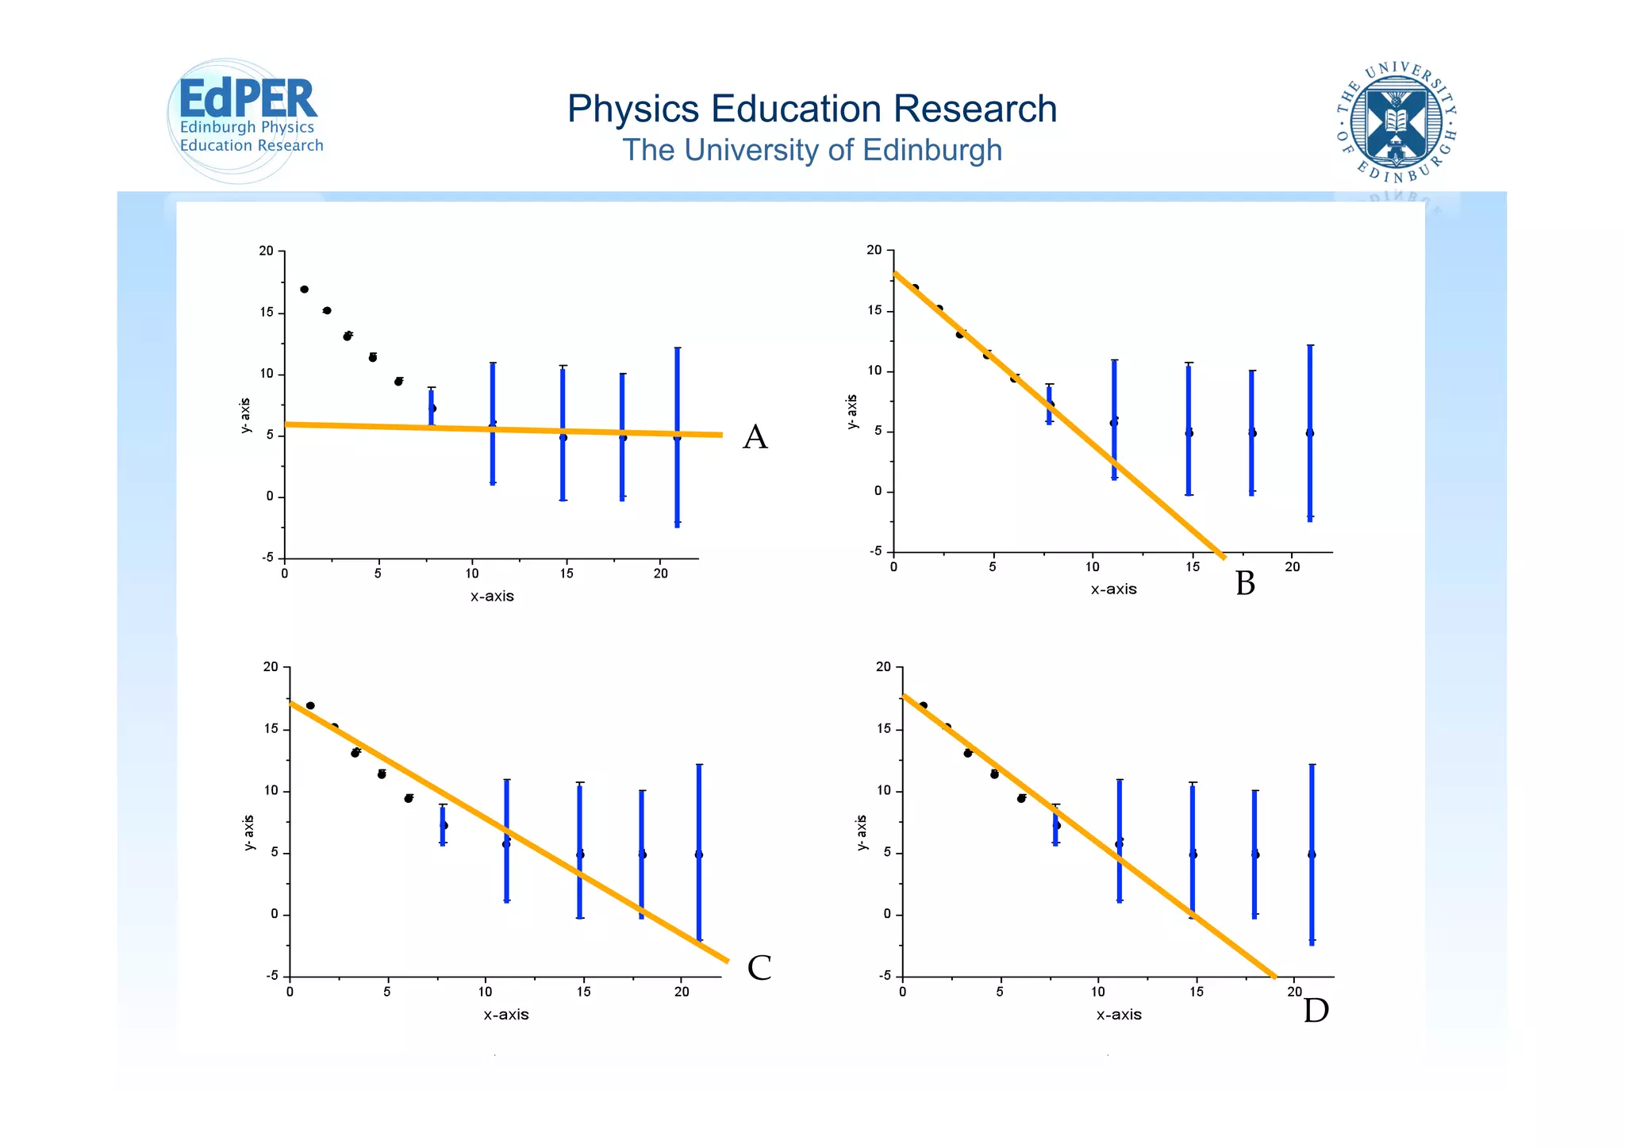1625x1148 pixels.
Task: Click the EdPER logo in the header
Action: tap(246, 119)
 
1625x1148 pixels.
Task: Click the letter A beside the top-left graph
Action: tap(755, 437)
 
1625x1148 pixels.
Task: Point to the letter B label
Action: tap(1245, 584)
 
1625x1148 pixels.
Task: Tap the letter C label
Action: tap(759, 968)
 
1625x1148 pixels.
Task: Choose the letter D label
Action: tap(1316, 1011)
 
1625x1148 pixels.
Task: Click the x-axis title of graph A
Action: tap(492, 596)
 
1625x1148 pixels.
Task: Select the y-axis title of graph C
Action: tap(249, 832)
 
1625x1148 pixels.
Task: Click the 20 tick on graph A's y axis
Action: tap(267, 251)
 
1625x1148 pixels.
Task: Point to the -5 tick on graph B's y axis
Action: tap(874, 551)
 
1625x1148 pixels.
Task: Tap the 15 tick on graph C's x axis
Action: tap(583, 992)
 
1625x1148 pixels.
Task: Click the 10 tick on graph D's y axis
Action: tap(883, 791)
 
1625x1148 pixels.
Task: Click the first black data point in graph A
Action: tap(304, 290)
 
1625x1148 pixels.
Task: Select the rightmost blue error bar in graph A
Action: tap(677, 436)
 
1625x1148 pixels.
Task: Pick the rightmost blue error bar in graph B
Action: tap(1310, 432)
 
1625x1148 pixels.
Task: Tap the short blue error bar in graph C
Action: tap(443, 825)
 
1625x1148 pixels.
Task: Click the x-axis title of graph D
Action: tap(1119, 1015)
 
